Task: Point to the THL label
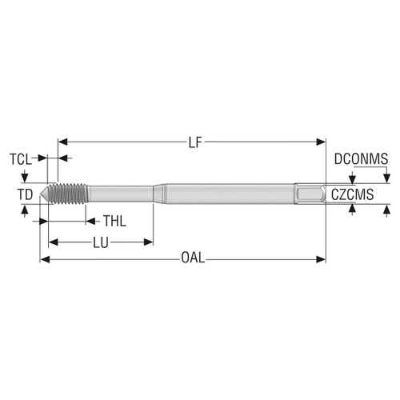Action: tap(116, 221)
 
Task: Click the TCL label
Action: tap(22, 158)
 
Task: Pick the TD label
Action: tap(26, 194)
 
